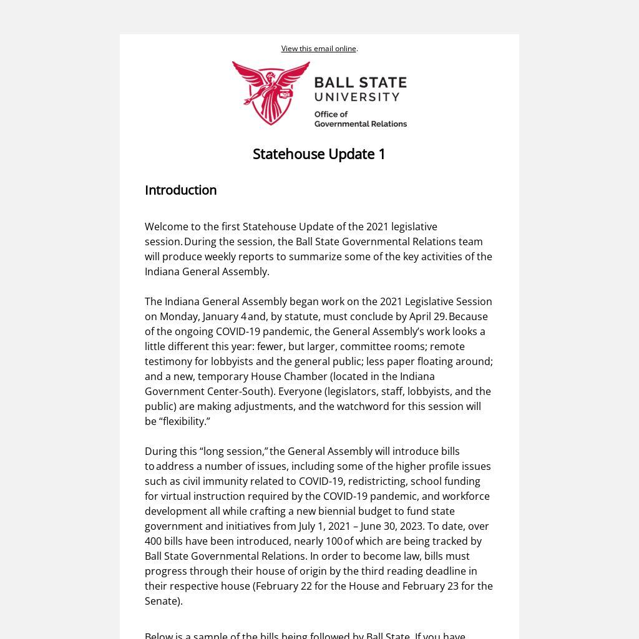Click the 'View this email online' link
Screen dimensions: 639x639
tap(318, 49)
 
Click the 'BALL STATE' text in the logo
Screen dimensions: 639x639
tap(360, 83)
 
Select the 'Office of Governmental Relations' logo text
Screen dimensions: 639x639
tap(360, 119)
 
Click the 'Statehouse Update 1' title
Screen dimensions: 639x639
tap(319, 154)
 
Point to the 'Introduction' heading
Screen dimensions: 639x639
tap(180, 190)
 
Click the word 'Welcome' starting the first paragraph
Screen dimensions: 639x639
tap(164, 227)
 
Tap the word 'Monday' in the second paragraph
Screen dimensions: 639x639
tap(178, 316)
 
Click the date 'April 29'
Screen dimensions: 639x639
tap(427, 316)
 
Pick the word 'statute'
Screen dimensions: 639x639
tap(301, 316)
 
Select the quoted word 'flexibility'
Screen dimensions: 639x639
tap(185, 421)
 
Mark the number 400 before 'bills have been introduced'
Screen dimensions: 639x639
tap(153, 541)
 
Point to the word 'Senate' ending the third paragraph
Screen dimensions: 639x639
tap(161, 601)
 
